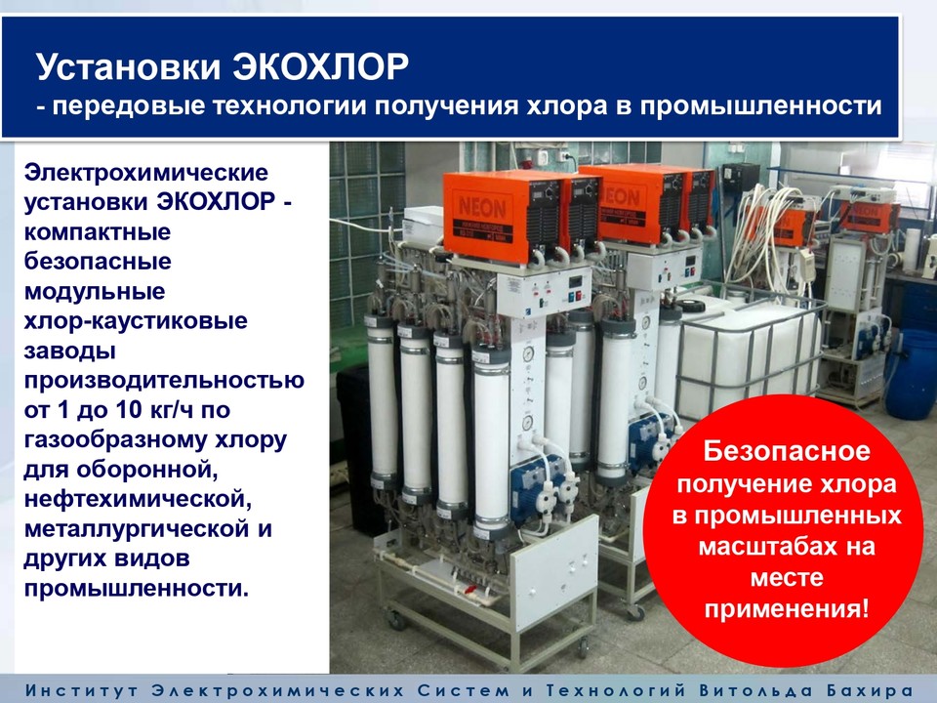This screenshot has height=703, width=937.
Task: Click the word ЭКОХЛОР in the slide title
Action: (320, 66)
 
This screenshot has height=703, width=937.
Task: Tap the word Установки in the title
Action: (129, 66)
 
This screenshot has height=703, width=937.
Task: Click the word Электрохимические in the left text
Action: (145, 172)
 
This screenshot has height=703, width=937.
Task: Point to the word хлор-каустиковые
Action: (136, 321)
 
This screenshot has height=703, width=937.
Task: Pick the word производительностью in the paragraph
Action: (164, 380)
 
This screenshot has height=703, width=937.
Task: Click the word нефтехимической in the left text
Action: (138, 499)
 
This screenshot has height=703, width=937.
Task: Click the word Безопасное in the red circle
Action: (787, 451)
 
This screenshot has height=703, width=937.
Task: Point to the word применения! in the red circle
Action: (787, 609)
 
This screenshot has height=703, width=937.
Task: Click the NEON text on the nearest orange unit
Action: (481, 208)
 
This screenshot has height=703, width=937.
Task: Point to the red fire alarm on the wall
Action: (526, 163)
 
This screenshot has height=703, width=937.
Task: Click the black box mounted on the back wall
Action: (741, 178)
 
